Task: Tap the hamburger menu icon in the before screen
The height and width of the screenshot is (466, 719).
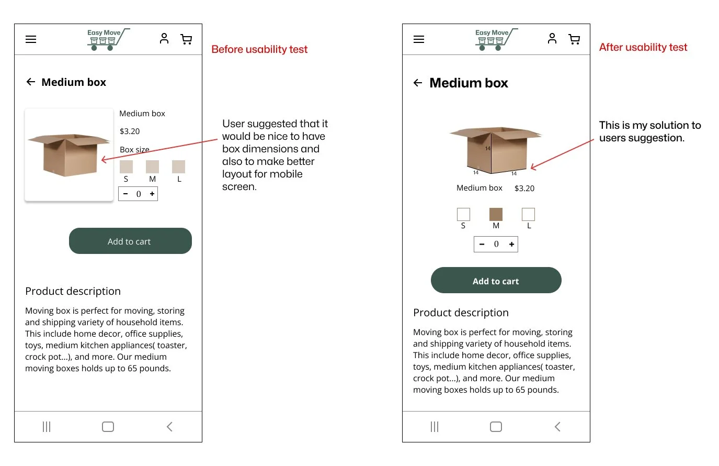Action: point(31,39)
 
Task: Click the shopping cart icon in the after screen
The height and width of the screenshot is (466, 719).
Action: point(574,39)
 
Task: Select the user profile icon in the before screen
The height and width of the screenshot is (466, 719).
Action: point(164,39)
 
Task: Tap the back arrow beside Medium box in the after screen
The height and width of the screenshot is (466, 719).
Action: point(418,83)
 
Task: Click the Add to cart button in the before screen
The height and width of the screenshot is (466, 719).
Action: point(130,241)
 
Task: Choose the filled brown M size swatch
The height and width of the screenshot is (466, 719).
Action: point(496,214)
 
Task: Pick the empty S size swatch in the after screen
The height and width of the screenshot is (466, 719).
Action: point(463,214)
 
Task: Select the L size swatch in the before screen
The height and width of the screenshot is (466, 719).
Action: point(178,167)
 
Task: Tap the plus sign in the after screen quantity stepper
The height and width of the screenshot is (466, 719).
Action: point(511,244)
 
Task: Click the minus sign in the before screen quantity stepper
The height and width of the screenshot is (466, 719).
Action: point(125,194)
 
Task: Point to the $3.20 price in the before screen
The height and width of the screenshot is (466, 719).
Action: point(130,131)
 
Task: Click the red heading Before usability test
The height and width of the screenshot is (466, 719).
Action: point(259,49)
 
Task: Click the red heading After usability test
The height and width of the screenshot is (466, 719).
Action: point(643,47)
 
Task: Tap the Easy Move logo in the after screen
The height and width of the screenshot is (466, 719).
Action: point(496,39)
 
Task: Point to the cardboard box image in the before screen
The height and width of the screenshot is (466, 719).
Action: point(69,155)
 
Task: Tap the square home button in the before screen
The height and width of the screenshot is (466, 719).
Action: point(108,427)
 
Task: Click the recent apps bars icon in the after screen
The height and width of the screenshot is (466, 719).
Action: point(435,427)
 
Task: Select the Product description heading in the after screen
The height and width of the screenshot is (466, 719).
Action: point(461,313)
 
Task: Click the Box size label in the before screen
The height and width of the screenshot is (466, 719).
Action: point(134,149)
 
